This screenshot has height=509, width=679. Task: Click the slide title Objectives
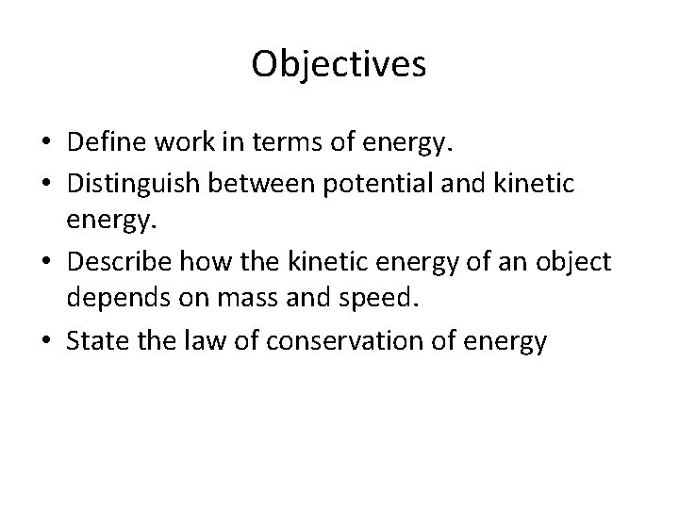(339, 64)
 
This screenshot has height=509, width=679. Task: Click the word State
(96, 341)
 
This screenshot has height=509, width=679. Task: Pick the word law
(190, 341)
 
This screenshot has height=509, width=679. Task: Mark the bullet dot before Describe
(45, 261)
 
